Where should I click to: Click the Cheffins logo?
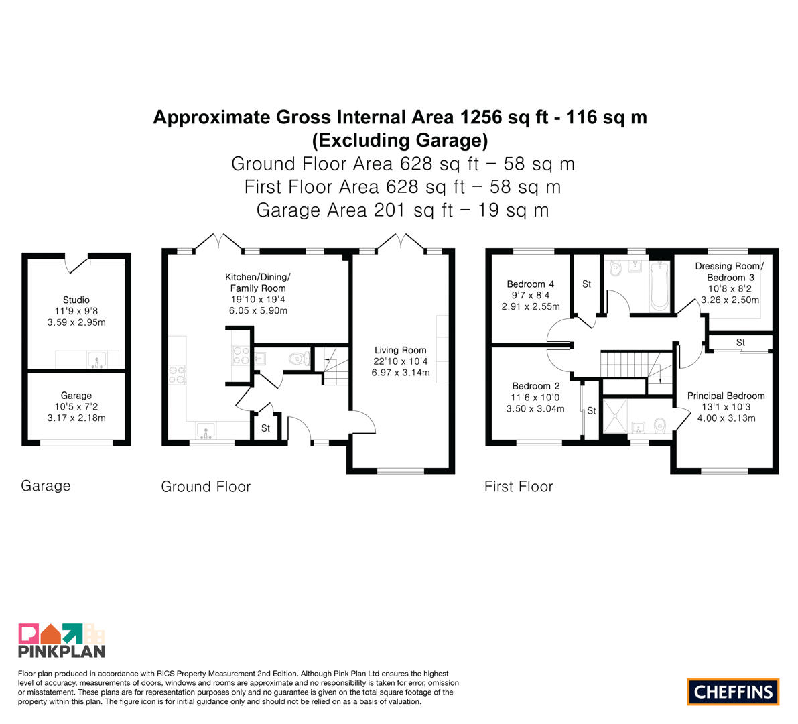[733, 692]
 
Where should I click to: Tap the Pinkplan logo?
[62, 640]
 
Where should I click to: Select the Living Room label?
[401, 351]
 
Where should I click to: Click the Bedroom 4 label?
[530, 284]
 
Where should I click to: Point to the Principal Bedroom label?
[726, 396]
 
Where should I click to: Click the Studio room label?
[76, 300]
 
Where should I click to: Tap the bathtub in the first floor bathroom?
[659, 286]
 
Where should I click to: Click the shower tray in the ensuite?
[615, 416]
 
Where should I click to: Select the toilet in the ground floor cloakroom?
[300, 359]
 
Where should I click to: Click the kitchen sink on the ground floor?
[206, 431]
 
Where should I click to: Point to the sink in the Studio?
[96, 360]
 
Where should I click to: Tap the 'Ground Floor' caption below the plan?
[206, 487]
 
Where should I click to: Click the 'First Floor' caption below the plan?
[519, 487]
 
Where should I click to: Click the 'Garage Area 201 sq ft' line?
[354, 210]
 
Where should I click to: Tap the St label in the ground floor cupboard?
[265, 428]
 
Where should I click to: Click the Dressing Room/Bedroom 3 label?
[730, 272]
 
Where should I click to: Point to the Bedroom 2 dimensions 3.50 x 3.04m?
[535, 409]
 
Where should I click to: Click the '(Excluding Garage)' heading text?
[400, 140]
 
